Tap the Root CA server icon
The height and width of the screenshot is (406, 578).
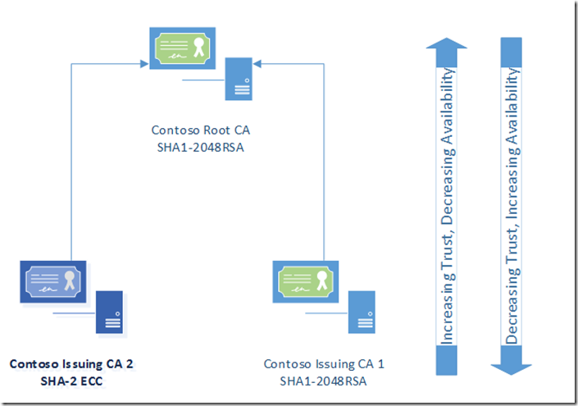tap(238, 79)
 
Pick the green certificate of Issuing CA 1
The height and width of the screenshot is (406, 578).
tap(306, 283)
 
